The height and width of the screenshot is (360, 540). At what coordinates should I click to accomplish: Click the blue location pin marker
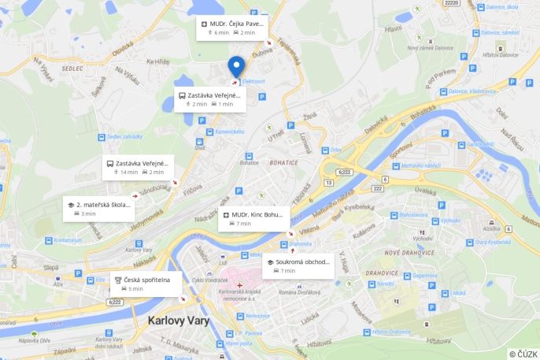236,66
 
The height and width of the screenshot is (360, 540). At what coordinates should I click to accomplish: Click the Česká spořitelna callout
147,284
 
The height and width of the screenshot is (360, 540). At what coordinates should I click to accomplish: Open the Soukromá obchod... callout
299,266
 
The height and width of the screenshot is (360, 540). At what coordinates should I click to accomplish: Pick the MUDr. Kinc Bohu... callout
254,218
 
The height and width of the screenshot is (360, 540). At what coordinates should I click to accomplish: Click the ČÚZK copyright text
523,354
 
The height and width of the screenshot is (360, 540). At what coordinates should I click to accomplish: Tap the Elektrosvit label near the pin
253,82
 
